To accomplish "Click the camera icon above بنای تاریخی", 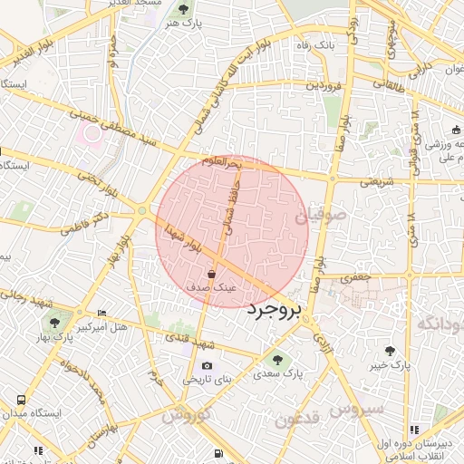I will [208, 366].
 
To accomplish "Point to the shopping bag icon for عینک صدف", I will [211, 273].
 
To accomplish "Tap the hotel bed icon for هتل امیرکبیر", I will [101, 311].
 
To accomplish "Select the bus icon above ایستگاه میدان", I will [20, 398].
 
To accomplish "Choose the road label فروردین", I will [325, 85].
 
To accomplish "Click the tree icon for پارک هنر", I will [184, 10].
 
